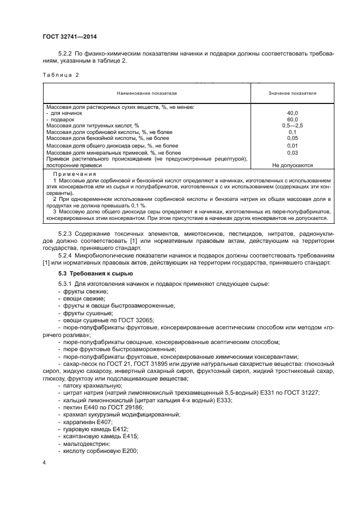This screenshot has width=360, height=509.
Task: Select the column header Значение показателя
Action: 292,94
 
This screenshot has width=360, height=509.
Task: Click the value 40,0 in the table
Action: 292,113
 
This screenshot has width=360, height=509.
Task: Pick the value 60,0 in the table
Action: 292,119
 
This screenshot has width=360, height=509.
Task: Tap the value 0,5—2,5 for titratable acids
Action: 292,126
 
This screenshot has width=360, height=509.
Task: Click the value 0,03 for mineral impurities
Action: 292,153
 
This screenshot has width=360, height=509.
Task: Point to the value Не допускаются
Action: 292,165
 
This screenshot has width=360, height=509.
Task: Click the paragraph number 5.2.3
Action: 67,234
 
